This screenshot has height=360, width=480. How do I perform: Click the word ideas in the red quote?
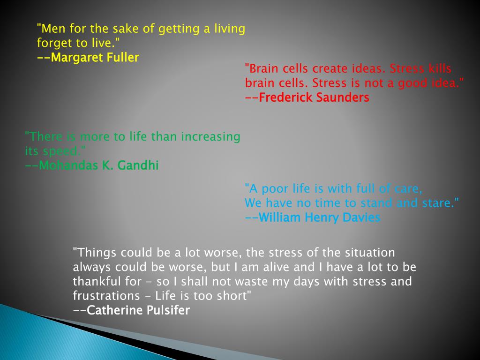pyautogui.click(x=368, y=69)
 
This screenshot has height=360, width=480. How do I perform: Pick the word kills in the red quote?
pyautogui.click(x=440, y=69)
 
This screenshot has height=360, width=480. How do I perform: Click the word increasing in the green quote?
pyautogui.click(x=211, y=137)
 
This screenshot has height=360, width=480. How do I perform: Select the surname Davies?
pyautogui.click(x=360, y=217)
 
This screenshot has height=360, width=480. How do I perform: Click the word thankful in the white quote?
pyautogui.click(x=93, y=282)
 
